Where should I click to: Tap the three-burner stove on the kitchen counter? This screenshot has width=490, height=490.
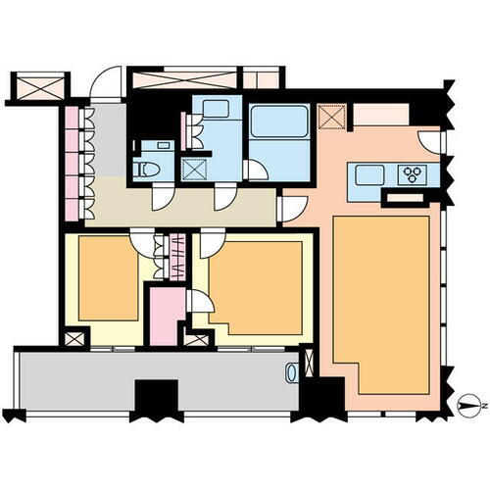pyautogui.click(x=414, y=174)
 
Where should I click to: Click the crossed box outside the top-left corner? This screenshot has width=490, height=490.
pyautogui.click(x=37, y=86)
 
